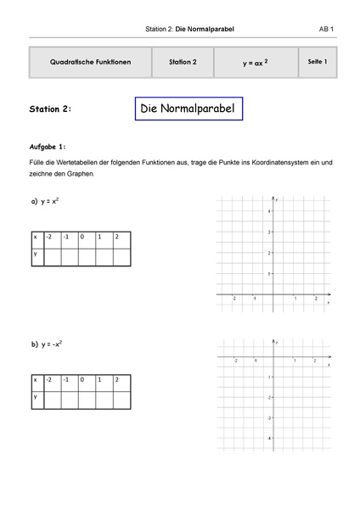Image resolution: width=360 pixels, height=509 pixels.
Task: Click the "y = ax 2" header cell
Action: coord(254,63)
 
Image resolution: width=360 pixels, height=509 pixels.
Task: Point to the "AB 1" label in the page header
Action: coord(326,30)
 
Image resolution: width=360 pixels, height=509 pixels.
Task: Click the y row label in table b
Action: coord(37,397)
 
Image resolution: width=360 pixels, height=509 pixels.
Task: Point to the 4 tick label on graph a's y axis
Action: coord(270,210)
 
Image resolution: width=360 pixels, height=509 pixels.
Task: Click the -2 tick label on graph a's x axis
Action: coord(233,299)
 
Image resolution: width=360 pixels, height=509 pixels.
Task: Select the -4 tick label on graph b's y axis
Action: coord(269,439)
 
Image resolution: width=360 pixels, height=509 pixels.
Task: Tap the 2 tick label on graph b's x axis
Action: coord(315,361)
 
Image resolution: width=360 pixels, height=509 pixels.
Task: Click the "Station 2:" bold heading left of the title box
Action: coord(56,109)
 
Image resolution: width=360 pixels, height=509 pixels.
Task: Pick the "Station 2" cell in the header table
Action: coord(183,62)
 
